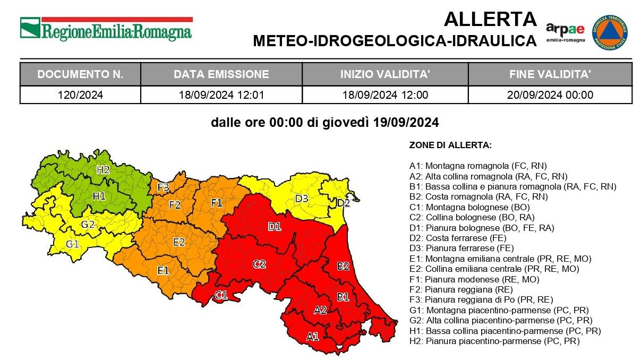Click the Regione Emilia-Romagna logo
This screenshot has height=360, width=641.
(106, 29)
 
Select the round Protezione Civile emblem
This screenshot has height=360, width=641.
(610, 32)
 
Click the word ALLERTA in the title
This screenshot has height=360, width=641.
(490, 20)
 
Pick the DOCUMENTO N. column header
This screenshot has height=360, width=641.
(80, 74)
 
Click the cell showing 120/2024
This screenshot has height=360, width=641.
(80, 95)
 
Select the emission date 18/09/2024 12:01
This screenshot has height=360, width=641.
(221, 95)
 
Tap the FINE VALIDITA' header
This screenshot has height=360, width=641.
(550, 74)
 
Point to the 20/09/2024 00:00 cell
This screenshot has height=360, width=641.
(550, 95)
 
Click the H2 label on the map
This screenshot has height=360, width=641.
(103, 170)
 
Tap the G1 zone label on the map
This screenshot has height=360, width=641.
(72, 244)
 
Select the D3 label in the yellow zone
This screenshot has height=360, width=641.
(302, 199)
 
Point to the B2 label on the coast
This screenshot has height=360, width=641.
(343, 265)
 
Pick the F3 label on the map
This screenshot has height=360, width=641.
(163, 187)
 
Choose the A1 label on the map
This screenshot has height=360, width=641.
(312, 336)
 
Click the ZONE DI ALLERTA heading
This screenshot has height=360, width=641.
(450, 145)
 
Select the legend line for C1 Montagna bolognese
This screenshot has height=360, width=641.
(467, 207)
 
